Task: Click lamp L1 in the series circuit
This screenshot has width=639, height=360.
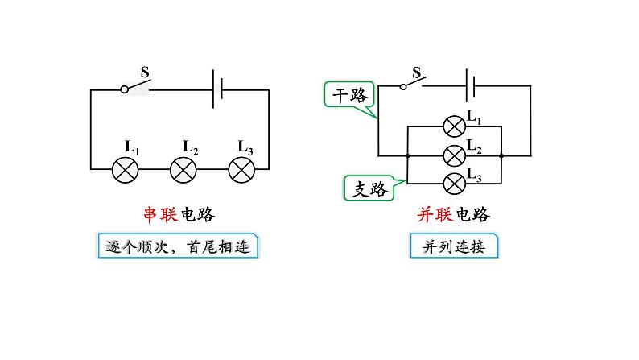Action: point(125,169)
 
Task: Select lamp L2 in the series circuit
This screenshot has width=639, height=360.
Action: point(183,169)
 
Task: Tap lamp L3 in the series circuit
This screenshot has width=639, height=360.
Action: point(241,169)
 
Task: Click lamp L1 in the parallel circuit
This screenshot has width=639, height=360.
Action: point(455,126)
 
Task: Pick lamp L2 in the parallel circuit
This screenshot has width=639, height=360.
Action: point(455,154)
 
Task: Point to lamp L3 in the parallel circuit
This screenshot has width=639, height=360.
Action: point(455,182)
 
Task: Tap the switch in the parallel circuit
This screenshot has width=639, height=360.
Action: point(414,83)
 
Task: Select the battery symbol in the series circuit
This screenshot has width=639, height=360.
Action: point(217,89)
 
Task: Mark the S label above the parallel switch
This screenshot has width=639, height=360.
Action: point(417,72)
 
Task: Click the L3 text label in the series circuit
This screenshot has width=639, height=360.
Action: point(245,147)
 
